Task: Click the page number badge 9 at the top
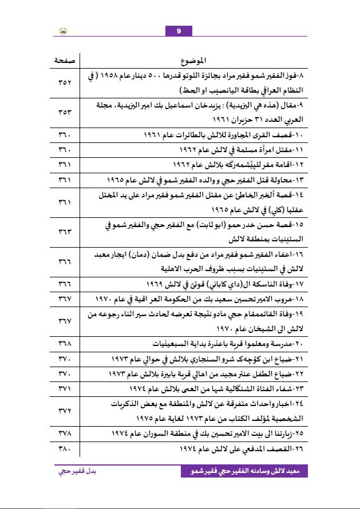(179, 31)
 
